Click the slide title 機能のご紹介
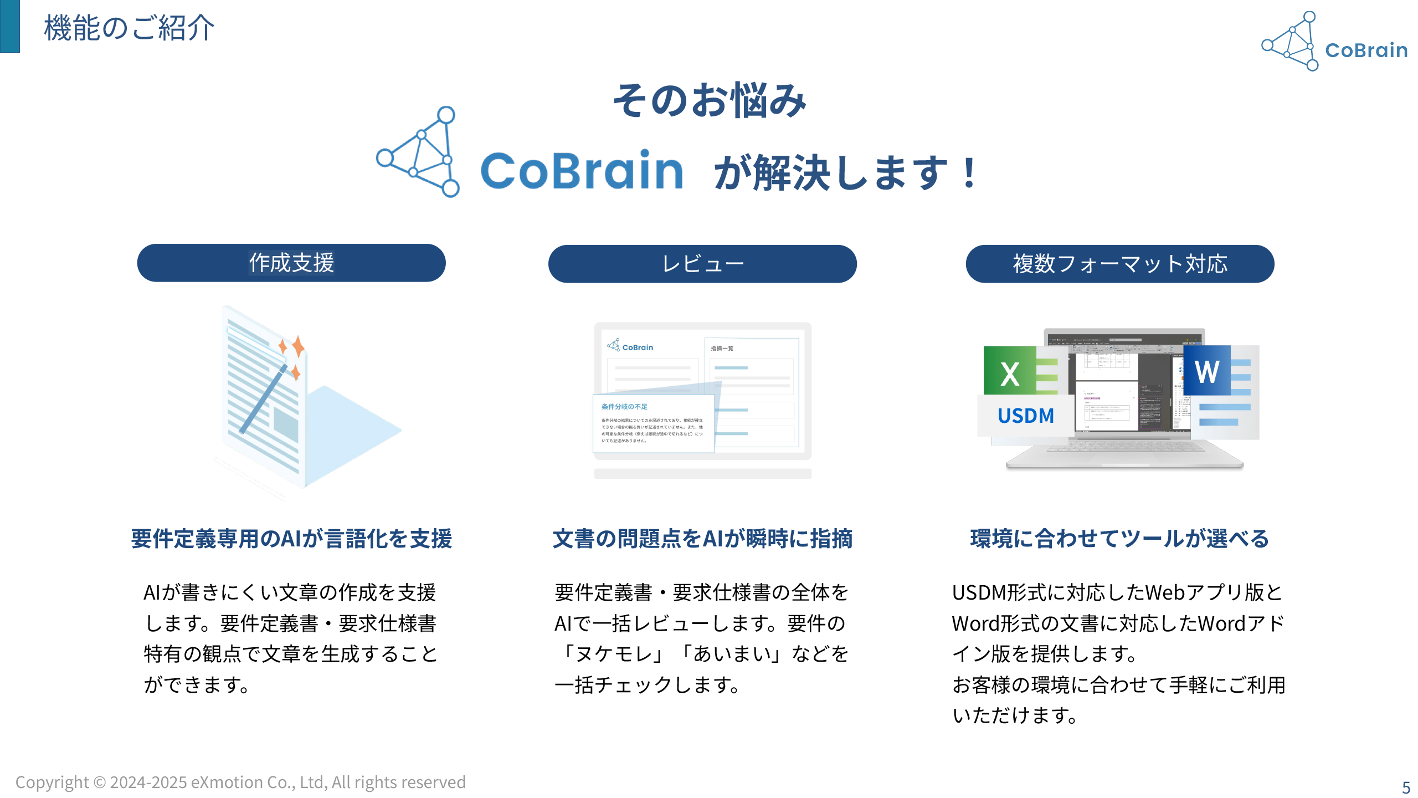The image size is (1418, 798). click(x=129, y=28)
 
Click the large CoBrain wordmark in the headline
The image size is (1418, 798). click(x=582, y=170)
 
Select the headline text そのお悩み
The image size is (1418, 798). click(x=709, y=100)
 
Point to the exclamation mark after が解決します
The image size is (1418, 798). click(x=969, y=173)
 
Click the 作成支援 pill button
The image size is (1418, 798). click(x=291, y=263)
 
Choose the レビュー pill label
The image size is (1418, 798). click(x=702, y=264)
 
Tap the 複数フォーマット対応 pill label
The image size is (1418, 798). click(x=1120, y=264)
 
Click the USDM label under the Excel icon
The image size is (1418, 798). click(x=1026, y=416)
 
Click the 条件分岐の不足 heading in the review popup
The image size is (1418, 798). click(x=624, y=407)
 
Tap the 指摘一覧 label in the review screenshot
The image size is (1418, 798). click(x=722, y=349)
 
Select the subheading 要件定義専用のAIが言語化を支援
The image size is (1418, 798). click(x=291, y=539)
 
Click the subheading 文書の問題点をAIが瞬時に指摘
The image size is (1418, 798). click(x=702, y=539)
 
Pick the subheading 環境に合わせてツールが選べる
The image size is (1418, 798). click(x=1119, y=539)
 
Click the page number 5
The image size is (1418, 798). click(x=1406, y=787)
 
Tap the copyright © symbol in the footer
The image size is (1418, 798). click(x=100, y=782)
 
